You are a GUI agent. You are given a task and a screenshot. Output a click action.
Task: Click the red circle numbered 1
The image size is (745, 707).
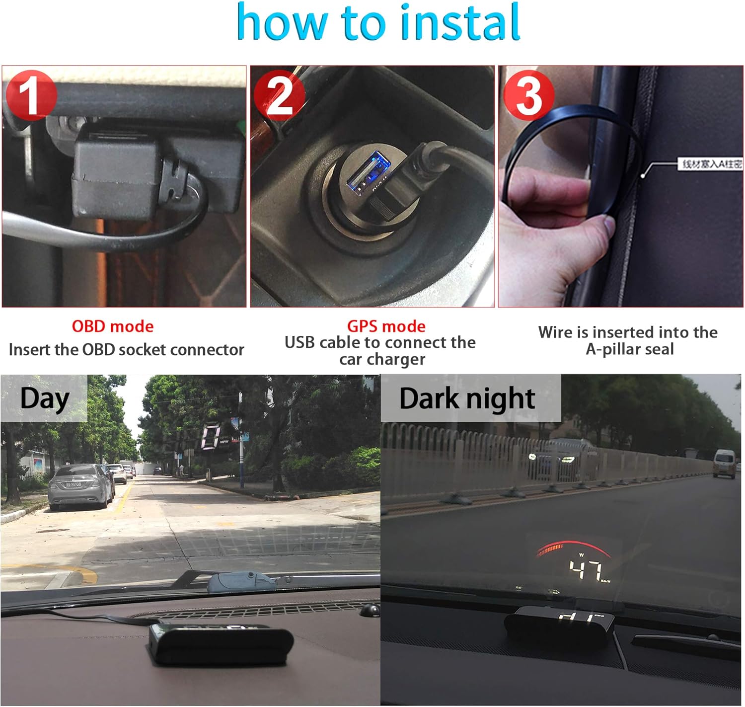pyautogui.click(x=30, y=95)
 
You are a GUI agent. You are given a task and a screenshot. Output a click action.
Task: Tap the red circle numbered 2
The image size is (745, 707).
pyautogui.click(x=279, y=95)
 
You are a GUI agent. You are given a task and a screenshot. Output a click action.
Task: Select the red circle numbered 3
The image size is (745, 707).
pyautogui.click(x=528, y=95)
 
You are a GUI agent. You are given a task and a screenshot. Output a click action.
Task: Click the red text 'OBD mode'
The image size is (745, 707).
pyautogui.click(x=113, y=326)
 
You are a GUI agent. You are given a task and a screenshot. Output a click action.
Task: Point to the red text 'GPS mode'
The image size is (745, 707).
pyautogui.click(x=386, y=326)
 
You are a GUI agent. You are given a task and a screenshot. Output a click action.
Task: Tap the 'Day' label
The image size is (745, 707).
pyautogui.click(x=44, y=399)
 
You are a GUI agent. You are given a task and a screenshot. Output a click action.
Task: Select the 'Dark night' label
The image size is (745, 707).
pyautogui.click(x=467, y=399)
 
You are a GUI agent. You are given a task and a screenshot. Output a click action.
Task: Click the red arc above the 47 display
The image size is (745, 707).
pyautogui.click(x=571, y=547)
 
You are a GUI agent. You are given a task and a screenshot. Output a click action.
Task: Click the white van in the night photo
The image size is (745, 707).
pyautogui.click(x=724, y=463)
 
